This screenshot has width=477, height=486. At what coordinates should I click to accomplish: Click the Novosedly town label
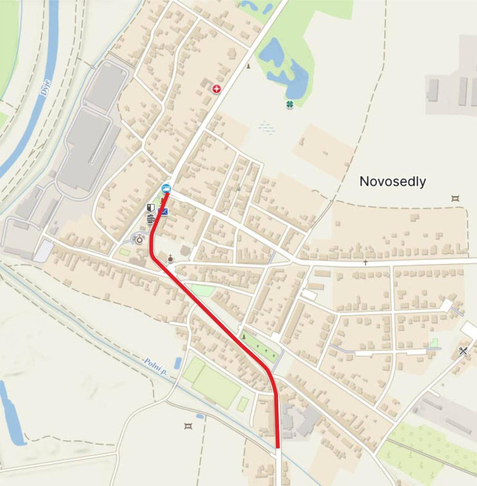pyautogui.click(x=392, y=181)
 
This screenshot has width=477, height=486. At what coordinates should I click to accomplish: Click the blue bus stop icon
pyautogui.click(x=166, y=188)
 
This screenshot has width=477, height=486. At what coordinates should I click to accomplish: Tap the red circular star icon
pyautogui.click(x=217, y=88)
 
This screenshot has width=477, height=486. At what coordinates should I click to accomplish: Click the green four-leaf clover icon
pyautogui.click(x=290, y=104)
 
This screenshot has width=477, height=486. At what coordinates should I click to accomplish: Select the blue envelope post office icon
pyautogui.click(x=163, y=211)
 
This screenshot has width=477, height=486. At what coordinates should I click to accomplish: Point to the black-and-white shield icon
pyautogui.click(x=151, y=208)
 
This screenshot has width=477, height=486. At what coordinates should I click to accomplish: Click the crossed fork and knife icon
pyautogui.click(x=463, y=351)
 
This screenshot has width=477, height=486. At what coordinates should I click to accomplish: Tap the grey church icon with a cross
pyautogui.click(x=139, y=239)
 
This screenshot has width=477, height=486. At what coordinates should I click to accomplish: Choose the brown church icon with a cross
pyautogui.click(x=170, y=259)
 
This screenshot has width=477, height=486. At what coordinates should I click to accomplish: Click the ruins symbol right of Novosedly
pyautogui.click(x=455, y=198)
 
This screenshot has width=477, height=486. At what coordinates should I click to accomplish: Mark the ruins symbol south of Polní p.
pyautogui.click(x=188, y=426)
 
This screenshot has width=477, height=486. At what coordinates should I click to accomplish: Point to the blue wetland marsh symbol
pyautogui.click(x=267, y=127)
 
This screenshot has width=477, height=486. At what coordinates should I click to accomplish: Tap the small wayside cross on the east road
pyautogui.click(x=365, y=262)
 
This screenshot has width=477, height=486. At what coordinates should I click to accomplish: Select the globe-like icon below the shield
pyautogui.click(x=151, y=219)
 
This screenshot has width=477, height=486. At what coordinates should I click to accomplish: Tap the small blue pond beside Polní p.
pyautogui.click(x=178, y=363)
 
